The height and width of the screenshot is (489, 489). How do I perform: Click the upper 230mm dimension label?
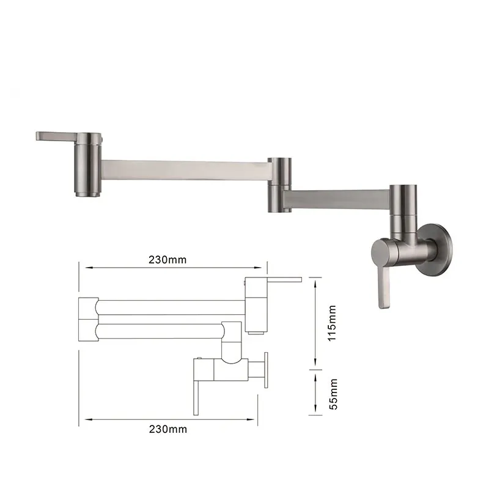tap(167, 259)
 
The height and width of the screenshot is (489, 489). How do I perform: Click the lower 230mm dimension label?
tap(167, 428)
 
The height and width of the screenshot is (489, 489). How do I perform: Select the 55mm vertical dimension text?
tap(332, 393)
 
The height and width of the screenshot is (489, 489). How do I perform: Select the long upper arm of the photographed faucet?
tap(183, 170)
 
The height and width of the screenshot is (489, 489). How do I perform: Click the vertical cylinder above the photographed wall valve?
tap(403, 208)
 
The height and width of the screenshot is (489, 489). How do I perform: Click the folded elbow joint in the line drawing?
tap(89, 318)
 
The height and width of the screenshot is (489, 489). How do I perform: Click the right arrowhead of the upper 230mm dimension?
tap(263, 267)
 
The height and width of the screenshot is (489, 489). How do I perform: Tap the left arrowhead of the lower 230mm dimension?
tap(86, 419)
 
